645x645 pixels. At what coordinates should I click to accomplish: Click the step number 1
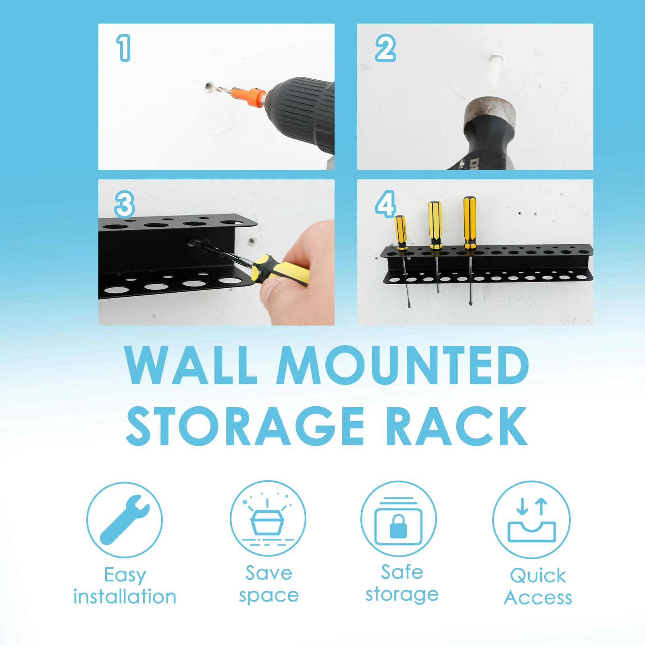(124, 48)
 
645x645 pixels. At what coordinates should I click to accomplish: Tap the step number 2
(385, 48)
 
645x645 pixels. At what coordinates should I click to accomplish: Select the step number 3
(124, 204)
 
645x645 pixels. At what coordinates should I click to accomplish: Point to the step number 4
(385, 204)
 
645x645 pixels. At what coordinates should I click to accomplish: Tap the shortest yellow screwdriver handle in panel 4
(400, 232)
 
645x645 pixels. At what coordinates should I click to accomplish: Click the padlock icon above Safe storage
(398, 526)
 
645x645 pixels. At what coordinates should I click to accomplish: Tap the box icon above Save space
(268, 522)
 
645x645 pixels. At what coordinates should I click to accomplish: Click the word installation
(125, 597)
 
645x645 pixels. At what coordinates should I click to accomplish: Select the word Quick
(537, 576)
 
